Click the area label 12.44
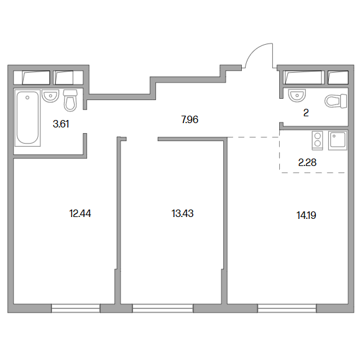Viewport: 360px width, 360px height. (80, 214)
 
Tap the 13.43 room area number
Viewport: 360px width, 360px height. (183, 214)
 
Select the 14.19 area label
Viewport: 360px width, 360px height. (307, 215)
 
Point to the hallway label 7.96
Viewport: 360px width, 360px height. (190, 119)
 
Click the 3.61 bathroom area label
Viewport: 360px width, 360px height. (61, 124)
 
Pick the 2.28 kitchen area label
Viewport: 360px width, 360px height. (307, 162)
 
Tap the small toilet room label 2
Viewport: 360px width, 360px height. (306, 113)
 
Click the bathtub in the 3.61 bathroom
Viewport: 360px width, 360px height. (27, 118)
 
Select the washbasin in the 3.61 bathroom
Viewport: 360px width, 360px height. (50, 96)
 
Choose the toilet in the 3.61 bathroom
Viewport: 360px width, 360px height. (70, 101)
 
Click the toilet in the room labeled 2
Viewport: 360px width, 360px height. (336, 101)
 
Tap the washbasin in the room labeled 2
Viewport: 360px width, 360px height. (297, 95)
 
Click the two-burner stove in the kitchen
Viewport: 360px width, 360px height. (317, 141)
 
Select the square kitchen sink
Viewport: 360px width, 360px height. (338, 141)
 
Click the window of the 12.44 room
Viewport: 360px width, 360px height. (75, 308)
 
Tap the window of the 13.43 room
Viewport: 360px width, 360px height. (163, 308)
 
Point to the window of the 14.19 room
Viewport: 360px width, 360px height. (287, 308)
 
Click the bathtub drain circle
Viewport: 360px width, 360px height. (27, 98)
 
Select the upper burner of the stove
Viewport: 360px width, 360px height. (318, 136)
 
